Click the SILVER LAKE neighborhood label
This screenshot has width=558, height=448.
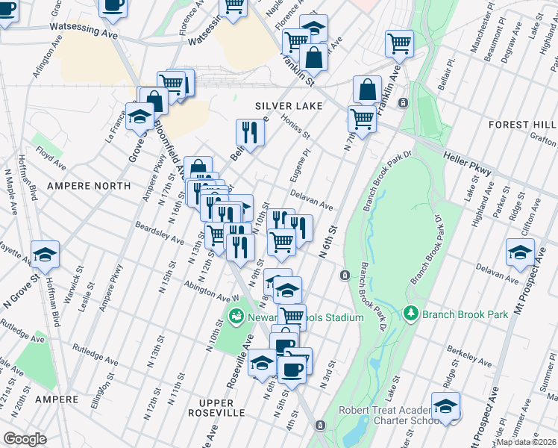(289, 106)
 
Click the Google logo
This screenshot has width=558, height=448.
(25, 439)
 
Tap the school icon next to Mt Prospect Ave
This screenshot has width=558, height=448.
(520, 252)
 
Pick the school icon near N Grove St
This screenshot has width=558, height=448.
(46, 255)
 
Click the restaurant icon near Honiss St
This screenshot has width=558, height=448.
(251, 132)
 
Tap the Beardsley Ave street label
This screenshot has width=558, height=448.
(159, 232)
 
